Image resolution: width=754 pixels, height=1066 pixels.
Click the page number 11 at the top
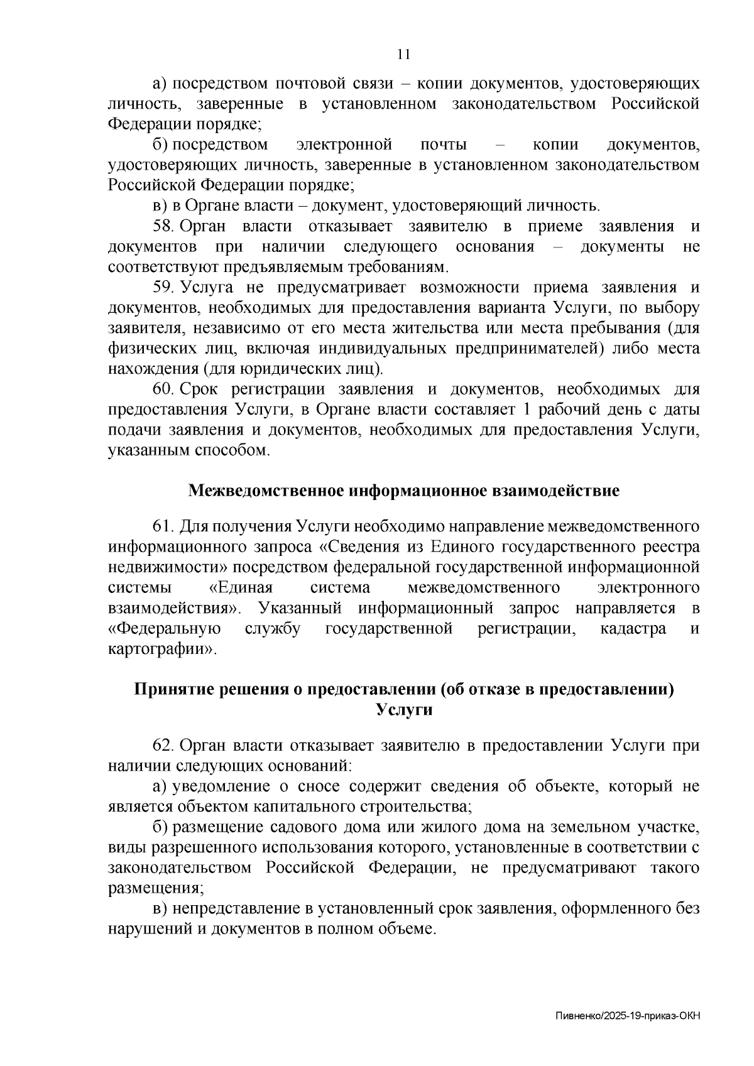tap(404, 55)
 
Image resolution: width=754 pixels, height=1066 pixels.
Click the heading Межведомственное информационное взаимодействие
tap(404, 491)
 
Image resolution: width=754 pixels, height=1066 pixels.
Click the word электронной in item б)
tap(344, 145)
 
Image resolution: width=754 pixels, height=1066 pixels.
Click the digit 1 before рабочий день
tap(518, 410)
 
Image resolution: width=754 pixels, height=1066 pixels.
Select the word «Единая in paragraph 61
tap(241, 588)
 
